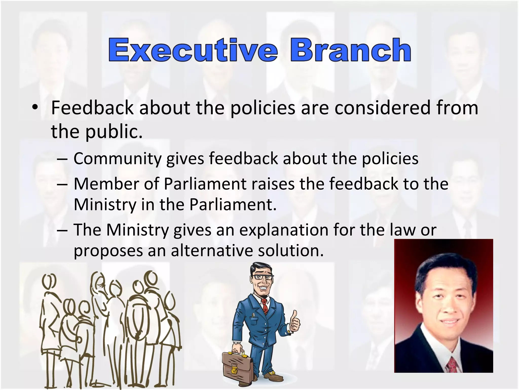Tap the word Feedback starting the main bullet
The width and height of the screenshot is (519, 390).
(92, 108)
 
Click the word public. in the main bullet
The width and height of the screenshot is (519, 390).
(114, 132)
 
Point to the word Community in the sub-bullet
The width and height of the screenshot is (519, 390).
(118, 159)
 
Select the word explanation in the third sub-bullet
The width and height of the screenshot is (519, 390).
(284, 230)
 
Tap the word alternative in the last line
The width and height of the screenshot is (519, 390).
(212, 251)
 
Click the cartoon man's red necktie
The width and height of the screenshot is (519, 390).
(265, 306)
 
